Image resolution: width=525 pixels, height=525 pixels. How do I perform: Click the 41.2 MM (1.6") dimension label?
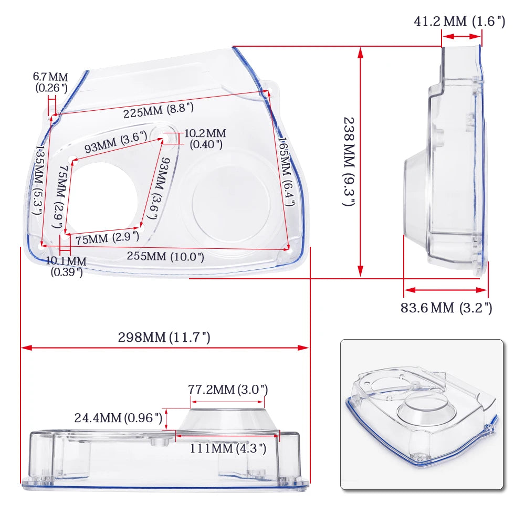click(459, 22)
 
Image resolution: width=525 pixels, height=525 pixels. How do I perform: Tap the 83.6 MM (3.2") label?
click(446, 308)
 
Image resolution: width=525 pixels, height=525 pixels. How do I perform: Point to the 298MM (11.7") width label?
click(164, 338)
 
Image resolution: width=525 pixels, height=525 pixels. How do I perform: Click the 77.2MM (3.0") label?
click(228, 390)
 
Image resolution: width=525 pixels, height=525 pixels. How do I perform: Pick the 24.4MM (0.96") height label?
click(118, 418)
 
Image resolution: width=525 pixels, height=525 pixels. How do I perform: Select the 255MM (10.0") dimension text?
click(165, 257)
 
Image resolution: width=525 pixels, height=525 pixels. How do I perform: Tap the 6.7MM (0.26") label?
click(51, 83)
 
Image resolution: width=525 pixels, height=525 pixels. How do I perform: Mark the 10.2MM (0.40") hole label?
click(205, 139)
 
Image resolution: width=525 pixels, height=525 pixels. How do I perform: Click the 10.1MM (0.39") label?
click(66, 266)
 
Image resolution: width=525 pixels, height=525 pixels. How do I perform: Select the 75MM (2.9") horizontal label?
click(107, 238)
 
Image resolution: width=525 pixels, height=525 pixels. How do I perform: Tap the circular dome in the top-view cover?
click(231, 202)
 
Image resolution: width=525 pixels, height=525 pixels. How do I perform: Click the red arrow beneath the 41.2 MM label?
click(461, 36)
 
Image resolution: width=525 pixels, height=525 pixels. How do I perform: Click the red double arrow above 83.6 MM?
click(446, 289)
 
